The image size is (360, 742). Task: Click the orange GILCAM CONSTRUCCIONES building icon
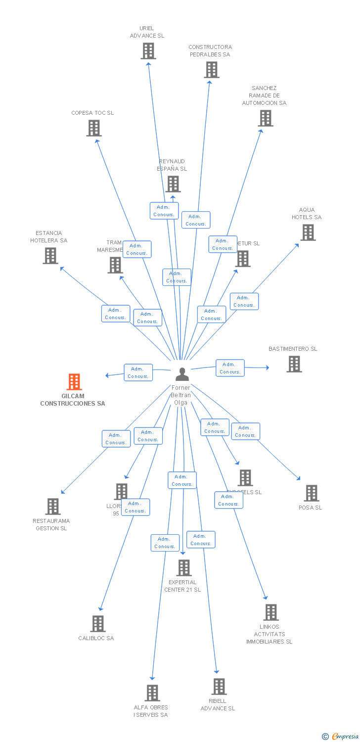[74, 382]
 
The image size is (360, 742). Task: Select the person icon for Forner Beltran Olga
[182, 374]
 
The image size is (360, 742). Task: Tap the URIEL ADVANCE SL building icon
[148, 51]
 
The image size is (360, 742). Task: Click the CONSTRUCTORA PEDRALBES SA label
[210, 51]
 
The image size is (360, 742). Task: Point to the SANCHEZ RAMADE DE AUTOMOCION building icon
[266, 118]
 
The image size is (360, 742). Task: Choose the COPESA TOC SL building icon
[93, 128]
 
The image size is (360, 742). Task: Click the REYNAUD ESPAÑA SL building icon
[173, 184]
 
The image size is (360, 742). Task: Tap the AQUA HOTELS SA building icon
[308, 232]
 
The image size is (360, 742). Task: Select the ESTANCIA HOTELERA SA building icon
[50, 256]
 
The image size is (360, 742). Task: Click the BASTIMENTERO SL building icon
[294, 364]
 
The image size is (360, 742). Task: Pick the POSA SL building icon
[311, 493]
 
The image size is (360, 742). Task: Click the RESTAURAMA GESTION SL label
[51, 524]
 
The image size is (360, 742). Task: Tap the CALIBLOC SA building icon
[98, 624]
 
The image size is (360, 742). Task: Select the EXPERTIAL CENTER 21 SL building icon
[184, 568]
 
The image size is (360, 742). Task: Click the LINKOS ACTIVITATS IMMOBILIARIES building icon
[270, 612]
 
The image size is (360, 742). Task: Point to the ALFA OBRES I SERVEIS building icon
[152, 693]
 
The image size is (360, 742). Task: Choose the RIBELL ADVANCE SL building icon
[219, 687]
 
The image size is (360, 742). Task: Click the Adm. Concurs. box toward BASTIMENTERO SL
[230, 368]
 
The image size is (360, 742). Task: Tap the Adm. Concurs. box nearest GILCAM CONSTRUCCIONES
[138, 372]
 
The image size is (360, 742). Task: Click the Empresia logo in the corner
[341, 737]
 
